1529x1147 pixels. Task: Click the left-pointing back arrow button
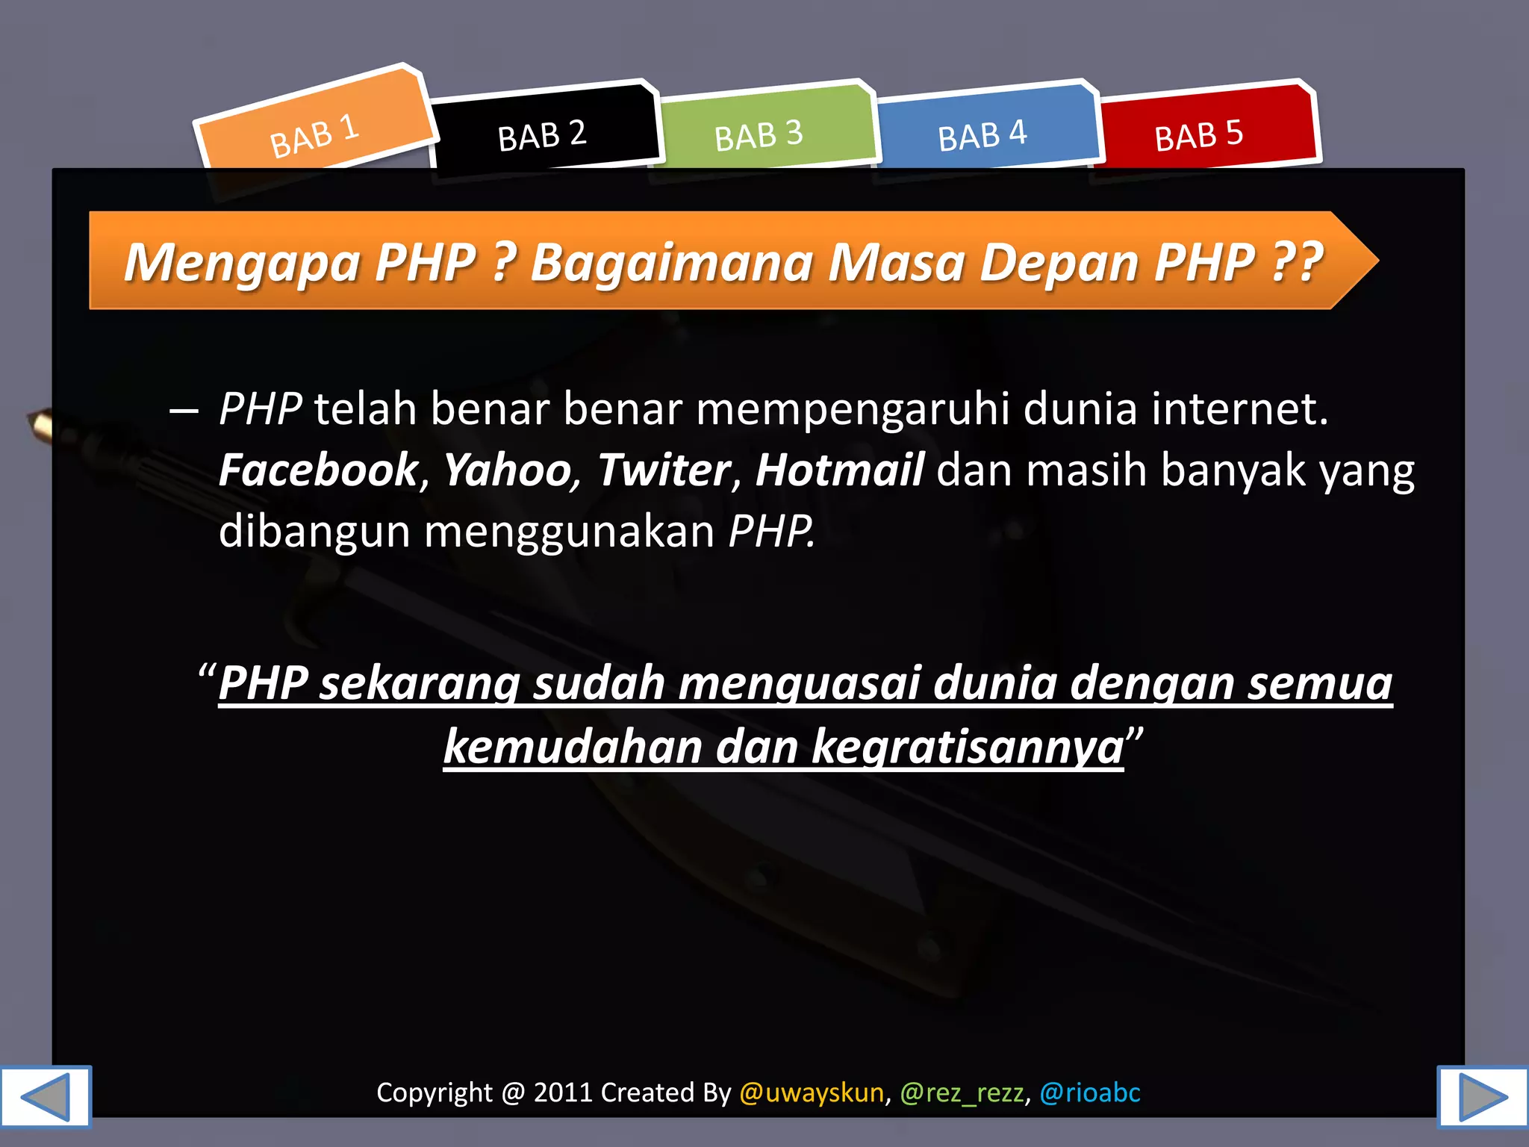coord(45,1095)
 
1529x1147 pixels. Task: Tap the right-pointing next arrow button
coord(1482,1095)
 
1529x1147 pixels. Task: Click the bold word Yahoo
coord(508,470)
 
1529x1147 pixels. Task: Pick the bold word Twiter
coord(664,470)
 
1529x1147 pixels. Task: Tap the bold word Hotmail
coord(840,470)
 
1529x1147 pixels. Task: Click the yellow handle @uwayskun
coord(812,1092)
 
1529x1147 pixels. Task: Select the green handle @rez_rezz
coord(962,1092)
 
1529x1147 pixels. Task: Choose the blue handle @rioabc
coord(1090,1092)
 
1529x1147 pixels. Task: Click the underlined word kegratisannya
coord(968,747)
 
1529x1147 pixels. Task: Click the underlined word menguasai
coord(799,683)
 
